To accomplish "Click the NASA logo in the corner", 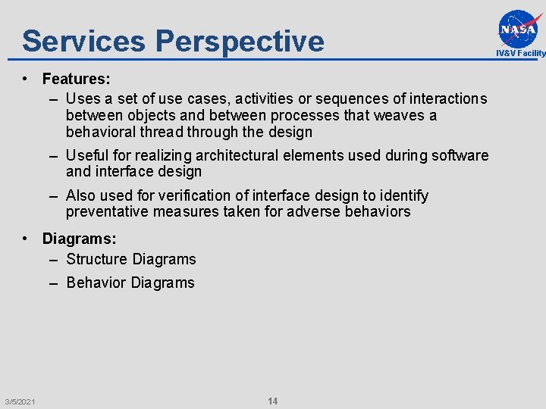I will [x=520, y=28].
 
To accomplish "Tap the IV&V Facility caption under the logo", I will [x=520, y=53].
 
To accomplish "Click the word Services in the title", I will [x=83, y=41].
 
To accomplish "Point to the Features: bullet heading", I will [x=77, y=79].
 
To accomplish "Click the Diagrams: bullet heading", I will [x=79, y=239].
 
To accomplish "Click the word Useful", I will [x=87, y=155].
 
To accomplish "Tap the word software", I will [x=462, y=155].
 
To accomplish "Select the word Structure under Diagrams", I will [x=96, y=259].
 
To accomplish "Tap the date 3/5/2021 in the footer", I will [x=19, y=401].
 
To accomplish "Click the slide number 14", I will [x=272, y=401].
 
